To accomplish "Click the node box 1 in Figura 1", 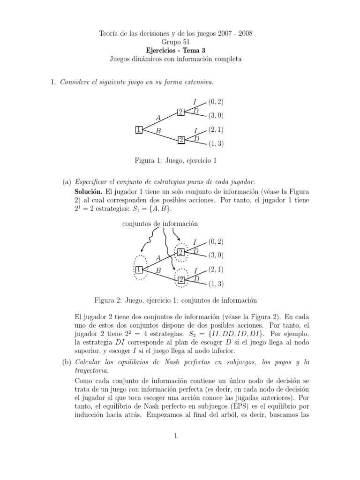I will tap(139, 129).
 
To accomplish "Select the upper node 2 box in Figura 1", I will tap(180, 112).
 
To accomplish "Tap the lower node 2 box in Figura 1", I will tap(180, 140).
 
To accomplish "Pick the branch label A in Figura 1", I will tap(158, 117).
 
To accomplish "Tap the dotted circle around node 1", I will tap(140, 269).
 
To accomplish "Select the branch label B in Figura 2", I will tap(158, 271).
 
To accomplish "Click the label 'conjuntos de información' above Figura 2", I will tap(160, 224).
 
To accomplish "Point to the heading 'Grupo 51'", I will tap(180, 41).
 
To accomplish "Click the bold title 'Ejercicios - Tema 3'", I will tap(180, 50).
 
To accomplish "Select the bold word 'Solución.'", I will tap(89, 191).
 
